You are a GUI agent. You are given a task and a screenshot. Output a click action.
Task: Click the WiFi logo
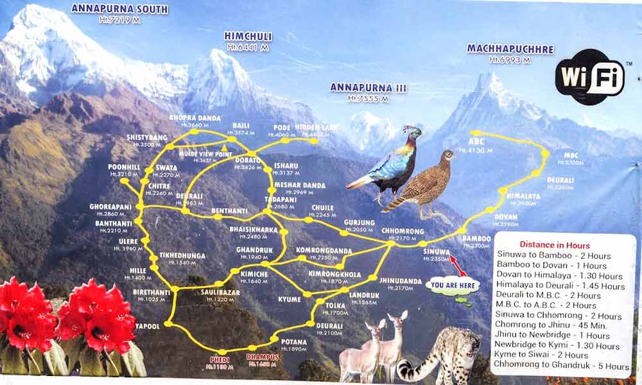click(590, 76)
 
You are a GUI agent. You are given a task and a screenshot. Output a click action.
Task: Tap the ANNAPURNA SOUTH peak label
click(119, 9)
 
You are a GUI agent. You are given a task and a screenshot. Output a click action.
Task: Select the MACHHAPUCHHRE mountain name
click(510, 49)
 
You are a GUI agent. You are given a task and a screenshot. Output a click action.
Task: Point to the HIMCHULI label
click(246, 36)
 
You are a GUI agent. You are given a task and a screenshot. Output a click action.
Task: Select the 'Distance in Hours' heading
click(554, 245)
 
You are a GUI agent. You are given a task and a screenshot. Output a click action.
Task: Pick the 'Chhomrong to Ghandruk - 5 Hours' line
click(563, 366)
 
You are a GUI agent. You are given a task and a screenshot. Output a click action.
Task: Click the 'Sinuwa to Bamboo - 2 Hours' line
click(553, 255)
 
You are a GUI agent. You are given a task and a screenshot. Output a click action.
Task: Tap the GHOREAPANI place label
click(110, 207)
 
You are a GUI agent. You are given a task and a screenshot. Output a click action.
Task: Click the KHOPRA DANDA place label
click(195, 118)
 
